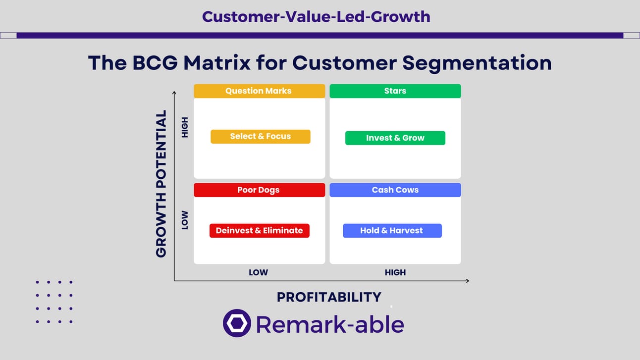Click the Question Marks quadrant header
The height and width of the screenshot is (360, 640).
[259, 91]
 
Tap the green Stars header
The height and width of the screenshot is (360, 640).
[395, 91]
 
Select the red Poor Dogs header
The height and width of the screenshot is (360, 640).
[259, 190]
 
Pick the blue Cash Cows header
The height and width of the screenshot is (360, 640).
[395, 190]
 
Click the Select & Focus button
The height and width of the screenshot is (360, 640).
[261, 137]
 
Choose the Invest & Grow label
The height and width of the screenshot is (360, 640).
[395, 138]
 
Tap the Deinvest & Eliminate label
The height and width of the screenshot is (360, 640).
[259, 231]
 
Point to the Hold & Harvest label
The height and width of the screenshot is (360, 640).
[392, 231]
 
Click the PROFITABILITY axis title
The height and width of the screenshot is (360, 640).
[329, 297]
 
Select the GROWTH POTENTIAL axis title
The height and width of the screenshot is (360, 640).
[161, 184]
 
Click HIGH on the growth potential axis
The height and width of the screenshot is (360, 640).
[185, 127]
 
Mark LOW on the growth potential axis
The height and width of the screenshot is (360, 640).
[185, 220]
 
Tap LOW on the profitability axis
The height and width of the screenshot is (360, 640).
[258, 272]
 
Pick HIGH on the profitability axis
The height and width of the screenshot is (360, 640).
[395, 272]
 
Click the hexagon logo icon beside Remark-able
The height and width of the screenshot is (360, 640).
[237, 323]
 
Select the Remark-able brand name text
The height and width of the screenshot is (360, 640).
[330, 324]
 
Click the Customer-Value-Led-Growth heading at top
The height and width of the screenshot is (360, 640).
[316, 16]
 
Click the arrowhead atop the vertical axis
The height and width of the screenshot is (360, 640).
[174, 93]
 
